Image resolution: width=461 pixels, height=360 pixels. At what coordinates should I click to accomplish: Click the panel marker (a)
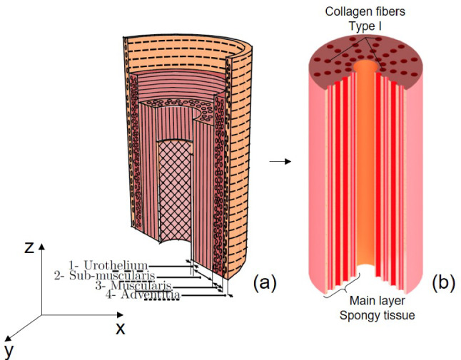click(264, 282)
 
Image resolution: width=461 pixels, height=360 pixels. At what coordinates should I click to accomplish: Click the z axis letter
click(28, 247)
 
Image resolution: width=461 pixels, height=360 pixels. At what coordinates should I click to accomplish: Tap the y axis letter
click(9, 349)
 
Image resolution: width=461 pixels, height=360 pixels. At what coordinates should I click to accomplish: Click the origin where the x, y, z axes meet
click(41, 314)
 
